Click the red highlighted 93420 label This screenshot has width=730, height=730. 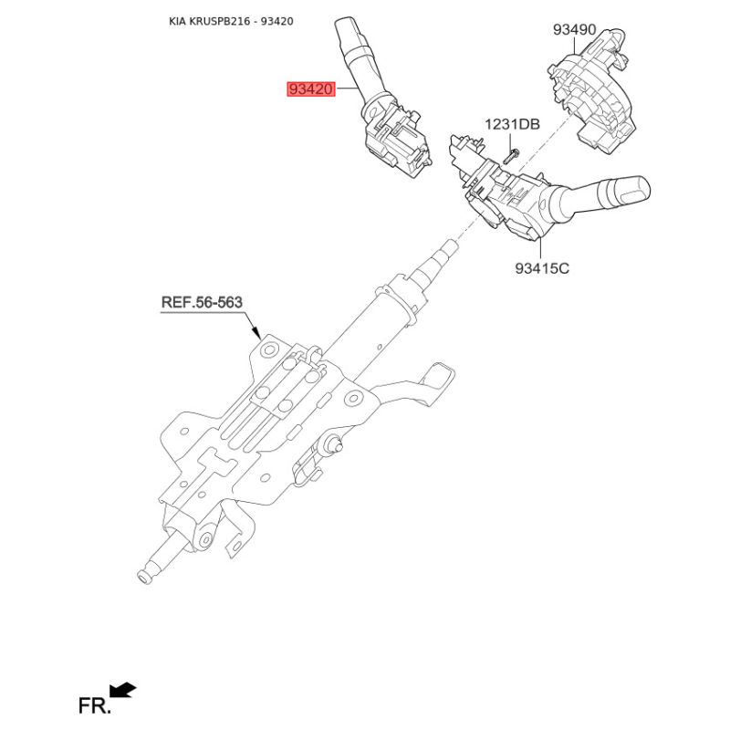coord(311,89)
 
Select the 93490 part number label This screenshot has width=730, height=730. coord(574,30)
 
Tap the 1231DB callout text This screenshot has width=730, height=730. coord(512,124)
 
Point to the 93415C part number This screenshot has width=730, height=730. coord(542,269)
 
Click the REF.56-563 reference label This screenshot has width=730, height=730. coord(202,302)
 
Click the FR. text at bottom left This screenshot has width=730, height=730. coord(95,705)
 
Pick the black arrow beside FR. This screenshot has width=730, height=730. coord(122,690)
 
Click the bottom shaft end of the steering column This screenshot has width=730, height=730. coord(143,576)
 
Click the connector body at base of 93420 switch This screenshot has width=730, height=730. coord(398,141)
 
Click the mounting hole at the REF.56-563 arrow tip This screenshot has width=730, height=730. coord(267,348)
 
